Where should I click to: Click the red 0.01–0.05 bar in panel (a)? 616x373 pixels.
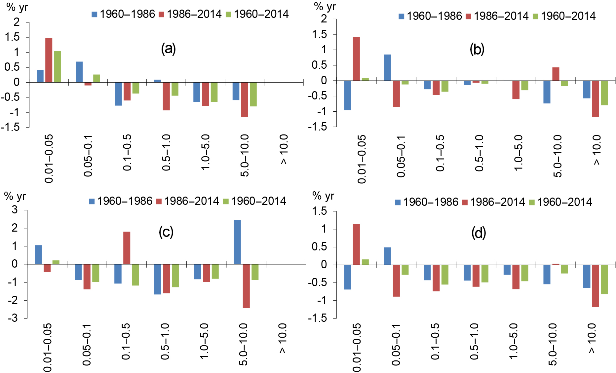pos(49,60)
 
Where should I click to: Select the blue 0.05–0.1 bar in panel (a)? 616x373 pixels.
pos(79,72)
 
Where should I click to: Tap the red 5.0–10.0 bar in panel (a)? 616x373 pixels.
pos(245,99)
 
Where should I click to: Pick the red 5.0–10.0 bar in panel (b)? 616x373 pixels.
pos(556,74)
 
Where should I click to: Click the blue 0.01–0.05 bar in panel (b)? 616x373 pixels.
pos(348,95)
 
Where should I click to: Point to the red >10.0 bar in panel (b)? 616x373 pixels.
pos(596,98)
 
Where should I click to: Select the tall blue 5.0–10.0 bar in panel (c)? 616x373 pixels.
pos(237,242)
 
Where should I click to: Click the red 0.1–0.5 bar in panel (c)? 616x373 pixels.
pos(127,248)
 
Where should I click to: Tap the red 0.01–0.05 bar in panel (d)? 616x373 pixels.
pos(356,244)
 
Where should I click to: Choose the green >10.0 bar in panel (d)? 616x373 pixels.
pos(604,279)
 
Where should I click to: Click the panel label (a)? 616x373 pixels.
pos(168,49)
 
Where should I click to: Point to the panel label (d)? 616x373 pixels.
pos(479,233)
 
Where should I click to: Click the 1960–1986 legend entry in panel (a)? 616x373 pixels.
pos(123,14)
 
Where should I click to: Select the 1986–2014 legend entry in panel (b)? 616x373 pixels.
pos(497,16)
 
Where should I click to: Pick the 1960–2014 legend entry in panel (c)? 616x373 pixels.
pos(254,201)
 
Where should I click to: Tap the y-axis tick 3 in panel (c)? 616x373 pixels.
pos(15,209)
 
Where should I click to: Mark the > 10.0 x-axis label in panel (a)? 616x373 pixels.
pos(284,149)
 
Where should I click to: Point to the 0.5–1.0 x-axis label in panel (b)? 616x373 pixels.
pos(479,153)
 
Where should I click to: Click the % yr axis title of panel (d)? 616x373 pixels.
pos(323,196)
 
